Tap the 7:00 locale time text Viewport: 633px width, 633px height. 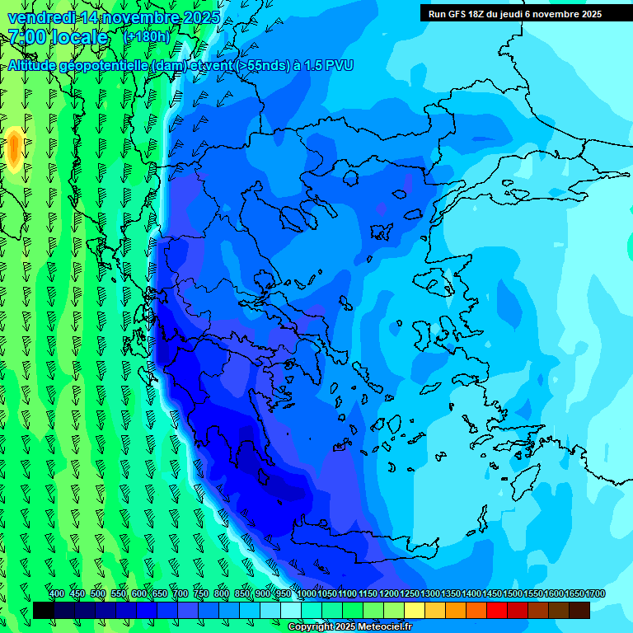pyautogui.click(x=58, y=37)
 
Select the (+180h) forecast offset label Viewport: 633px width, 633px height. pyautogui.click(x=146, y=37)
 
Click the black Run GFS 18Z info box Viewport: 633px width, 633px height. pyautogui.click(x=515, y=13)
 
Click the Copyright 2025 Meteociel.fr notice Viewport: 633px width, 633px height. pyautogui.click(x=349, y=627)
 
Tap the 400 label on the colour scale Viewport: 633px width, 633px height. pyautogui.click(x=57, y=594)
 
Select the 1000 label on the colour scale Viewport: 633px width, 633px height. pyautogui.click(x=306, y=594)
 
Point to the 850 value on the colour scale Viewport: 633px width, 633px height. pyautogui.click(x=242, y=594)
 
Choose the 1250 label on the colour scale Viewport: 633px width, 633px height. pyautogui.click(x=410, y=594)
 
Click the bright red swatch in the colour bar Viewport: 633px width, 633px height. pyautogui.click(x=497, y=610)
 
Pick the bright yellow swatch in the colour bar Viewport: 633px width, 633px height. pyautogui.click(x=415, y=610)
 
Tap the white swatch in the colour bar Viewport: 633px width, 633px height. pyautogui.click(x=291, y=610)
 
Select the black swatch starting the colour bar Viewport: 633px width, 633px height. pyautogui.click(x=43, y=610)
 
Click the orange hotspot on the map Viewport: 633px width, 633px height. pyautogui.click(x=14, y=148)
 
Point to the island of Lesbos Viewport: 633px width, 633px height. pyautogui.click(x=439, y=284)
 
